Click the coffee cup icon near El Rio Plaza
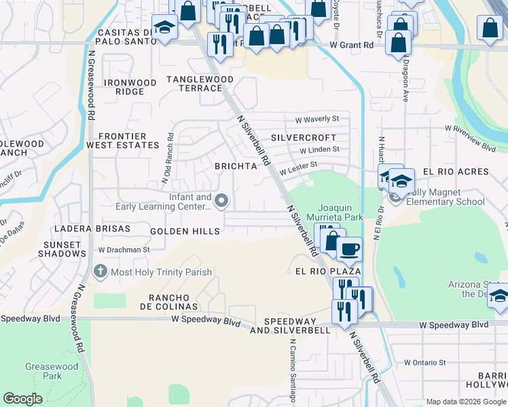[349, 248]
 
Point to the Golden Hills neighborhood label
[185, 231]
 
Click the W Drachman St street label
[124, 250]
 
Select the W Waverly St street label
[316, 119]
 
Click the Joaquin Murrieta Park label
[341, 212]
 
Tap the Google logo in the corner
[23, 399]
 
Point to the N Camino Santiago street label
[293, 371]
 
